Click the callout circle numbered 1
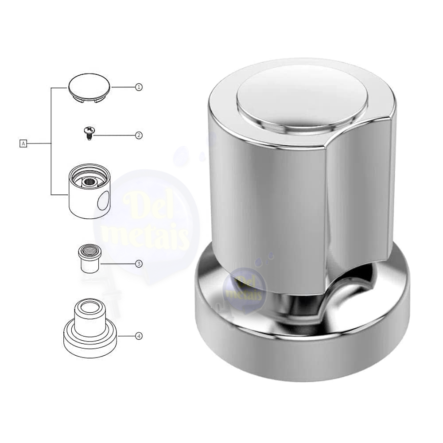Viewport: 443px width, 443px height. point(138,87)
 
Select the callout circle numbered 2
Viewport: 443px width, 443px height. point(138,135)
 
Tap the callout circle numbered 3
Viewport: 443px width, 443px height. point(138,264)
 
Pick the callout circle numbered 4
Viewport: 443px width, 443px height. point(138,336)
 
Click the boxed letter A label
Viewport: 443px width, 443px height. point(23,144)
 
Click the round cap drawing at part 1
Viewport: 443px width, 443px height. point(89,88)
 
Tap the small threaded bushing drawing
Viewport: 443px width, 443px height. point(89,258)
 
